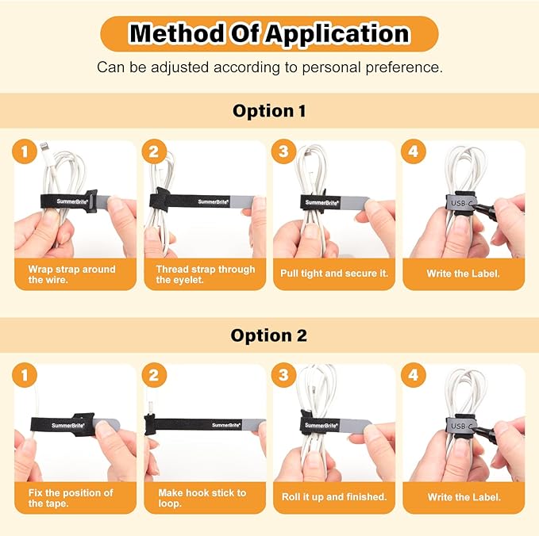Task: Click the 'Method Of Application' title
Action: [x=269, y=33]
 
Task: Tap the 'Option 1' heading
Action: [x=269, y=111]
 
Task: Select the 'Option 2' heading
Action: [x=269, y=335]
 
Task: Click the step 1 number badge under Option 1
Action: [x=25, y=151]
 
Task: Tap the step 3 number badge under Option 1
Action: [x=283, y=151]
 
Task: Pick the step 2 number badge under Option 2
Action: [x=154, y=375]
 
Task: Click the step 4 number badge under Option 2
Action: [x=414, y=375]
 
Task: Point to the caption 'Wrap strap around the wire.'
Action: [x=72, y=274]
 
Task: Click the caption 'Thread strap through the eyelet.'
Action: [x=206, y=274]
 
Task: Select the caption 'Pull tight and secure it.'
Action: [x=334, y=274]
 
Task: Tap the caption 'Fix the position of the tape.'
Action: [x=71, y=498]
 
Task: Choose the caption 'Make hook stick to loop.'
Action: [x=202, y=498]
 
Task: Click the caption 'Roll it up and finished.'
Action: [x=334, y=497]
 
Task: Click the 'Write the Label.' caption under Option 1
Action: [x=463, y=274]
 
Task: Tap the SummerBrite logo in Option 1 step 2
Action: [x=213, y=202]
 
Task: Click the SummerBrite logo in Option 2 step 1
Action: [x=68, y=426]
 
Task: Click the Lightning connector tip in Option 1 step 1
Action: [x=43, y=147]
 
